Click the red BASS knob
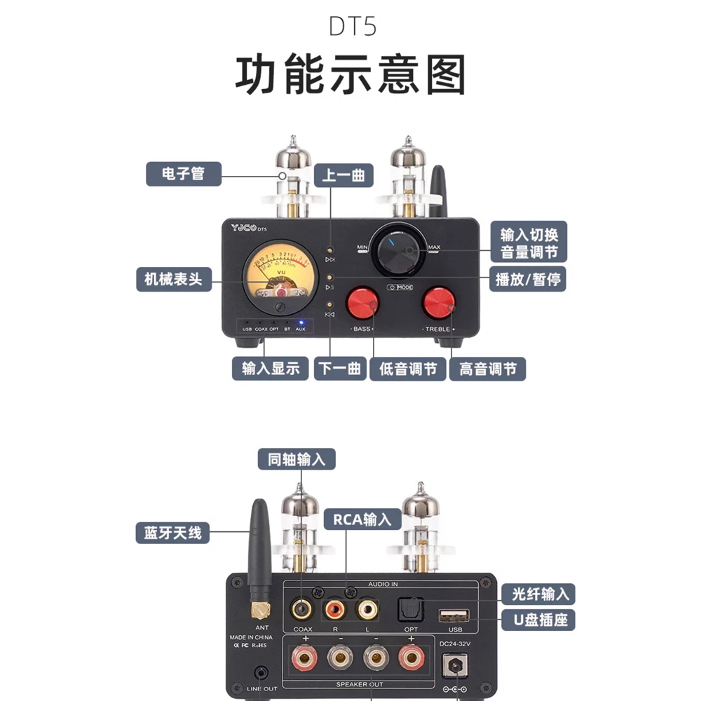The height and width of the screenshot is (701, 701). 363,302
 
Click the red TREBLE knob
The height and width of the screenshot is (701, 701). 439,302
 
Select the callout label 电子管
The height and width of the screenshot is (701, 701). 183,173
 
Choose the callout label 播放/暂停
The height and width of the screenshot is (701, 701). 528,279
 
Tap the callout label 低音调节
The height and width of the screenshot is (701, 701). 408,368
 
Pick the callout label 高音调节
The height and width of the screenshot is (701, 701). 488,368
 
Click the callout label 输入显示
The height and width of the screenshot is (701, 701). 271,368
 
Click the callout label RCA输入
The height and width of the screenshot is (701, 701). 362,519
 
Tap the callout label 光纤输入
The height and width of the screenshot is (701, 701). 538,594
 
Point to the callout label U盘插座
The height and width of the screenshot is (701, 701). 538,620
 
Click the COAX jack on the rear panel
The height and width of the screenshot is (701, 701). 303,608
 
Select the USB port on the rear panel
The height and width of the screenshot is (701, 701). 454,616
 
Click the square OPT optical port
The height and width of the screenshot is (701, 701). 409,608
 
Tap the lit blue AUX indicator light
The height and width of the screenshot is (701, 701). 300,322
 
